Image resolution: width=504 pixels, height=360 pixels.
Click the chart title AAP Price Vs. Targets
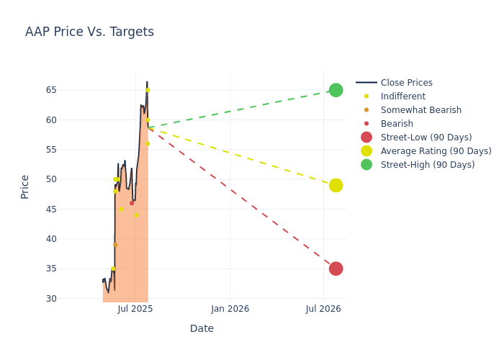click(89, 32)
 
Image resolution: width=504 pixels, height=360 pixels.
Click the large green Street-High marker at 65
click(336, 90)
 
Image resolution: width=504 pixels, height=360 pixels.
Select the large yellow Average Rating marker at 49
click(336, 185)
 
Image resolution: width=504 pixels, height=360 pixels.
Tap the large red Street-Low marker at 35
click(336, 269)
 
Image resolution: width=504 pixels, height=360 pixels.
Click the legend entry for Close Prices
click(406, 83)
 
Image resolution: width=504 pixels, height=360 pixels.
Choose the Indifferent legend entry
click(402, 96)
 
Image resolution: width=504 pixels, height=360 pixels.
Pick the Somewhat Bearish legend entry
click(420, 110)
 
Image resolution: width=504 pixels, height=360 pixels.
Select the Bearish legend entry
click(397, 124)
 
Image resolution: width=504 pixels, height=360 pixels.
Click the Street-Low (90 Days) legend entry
click(426, 138)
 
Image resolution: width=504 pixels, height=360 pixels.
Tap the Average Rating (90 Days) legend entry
click(436, 151)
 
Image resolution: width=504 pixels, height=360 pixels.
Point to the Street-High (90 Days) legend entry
click(427, 165)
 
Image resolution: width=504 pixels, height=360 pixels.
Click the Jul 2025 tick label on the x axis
click(135, 309)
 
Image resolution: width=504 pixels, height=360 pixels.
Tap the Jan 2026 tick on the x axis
click(230, 309)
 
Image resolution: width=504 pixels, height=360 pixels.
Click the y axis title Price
click(25, 186)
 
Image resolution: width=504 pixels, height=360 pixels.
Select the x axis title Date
click(202, 328)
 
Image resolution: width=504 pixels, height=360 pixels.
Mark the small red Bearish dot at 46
click(132, 203)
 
